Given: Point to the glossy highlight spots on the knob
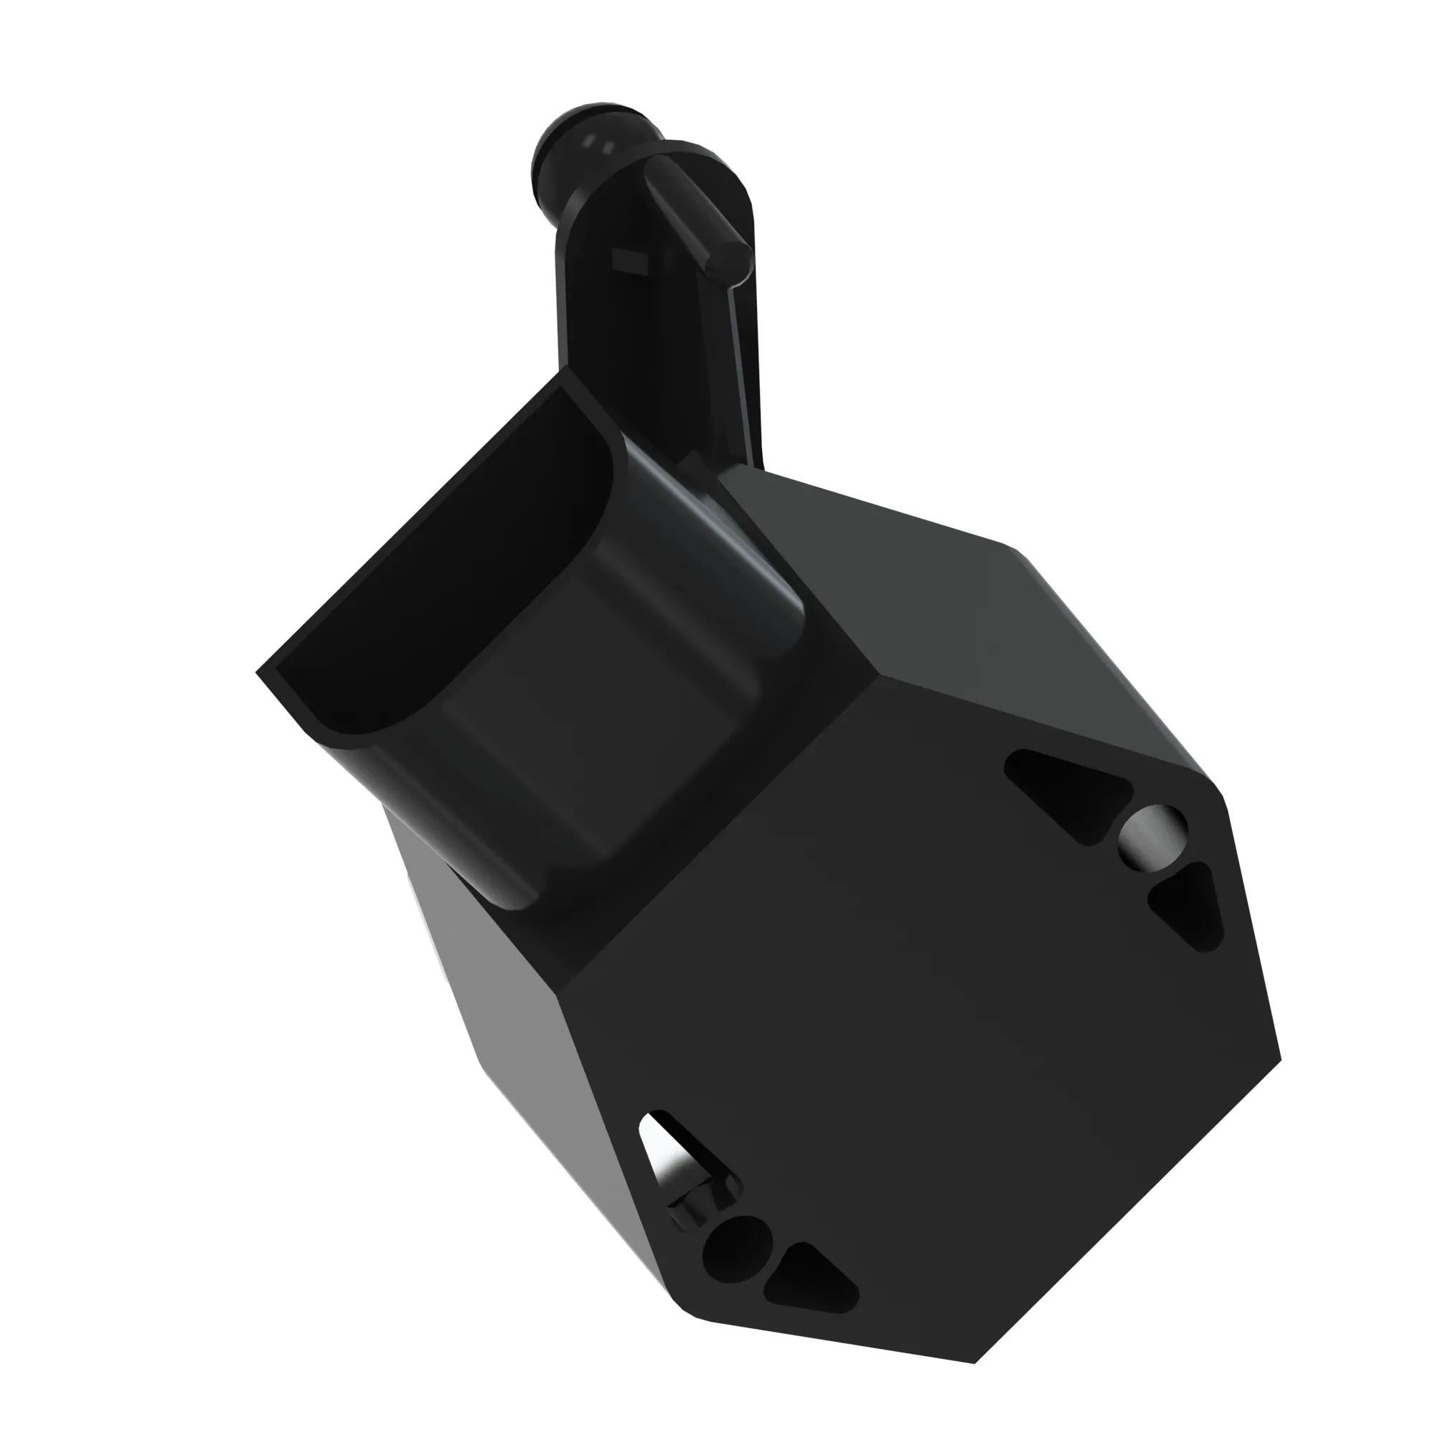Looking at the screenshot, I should [598, 146].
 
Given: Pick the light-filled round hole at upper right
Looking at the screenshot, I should [1152, 836].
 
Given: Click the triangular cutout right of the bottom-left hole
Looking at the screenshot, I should [809, 1278].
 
